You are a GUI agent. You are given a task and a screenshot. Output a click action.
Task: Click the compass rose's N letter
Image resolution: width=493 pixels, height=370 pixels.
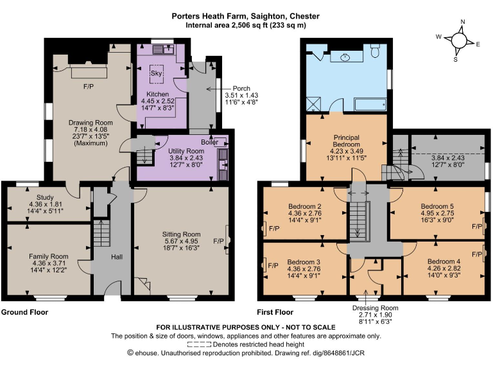click(x=462, y=22)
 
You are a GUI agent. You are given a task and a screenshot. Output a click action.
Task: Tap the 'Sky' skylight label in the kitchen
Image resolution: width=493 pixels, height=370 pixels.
click(x=156, y=73)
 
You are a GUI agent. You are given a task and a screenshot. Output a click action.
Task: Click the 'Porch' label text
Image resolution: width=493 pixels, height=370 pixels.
click(x=241, y=89)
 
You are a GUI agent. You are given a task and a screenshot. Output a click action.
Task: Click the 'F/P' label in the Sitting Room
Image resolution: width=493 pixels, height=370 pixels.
click(x=218, y=242)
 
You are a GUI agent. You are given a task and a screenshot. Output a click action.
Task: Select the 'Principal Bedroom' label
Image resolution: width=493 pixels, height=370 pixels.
click(x=346, y=141)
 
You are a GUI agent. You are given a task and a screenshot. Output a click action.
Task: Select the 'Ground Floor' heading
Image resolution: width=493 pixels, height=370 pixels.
click(x=24, y=312)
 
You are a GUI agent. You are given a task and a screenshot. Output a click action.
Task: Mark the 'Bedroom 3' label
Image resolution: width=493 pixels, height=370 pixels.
click(x=304, y=262)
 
